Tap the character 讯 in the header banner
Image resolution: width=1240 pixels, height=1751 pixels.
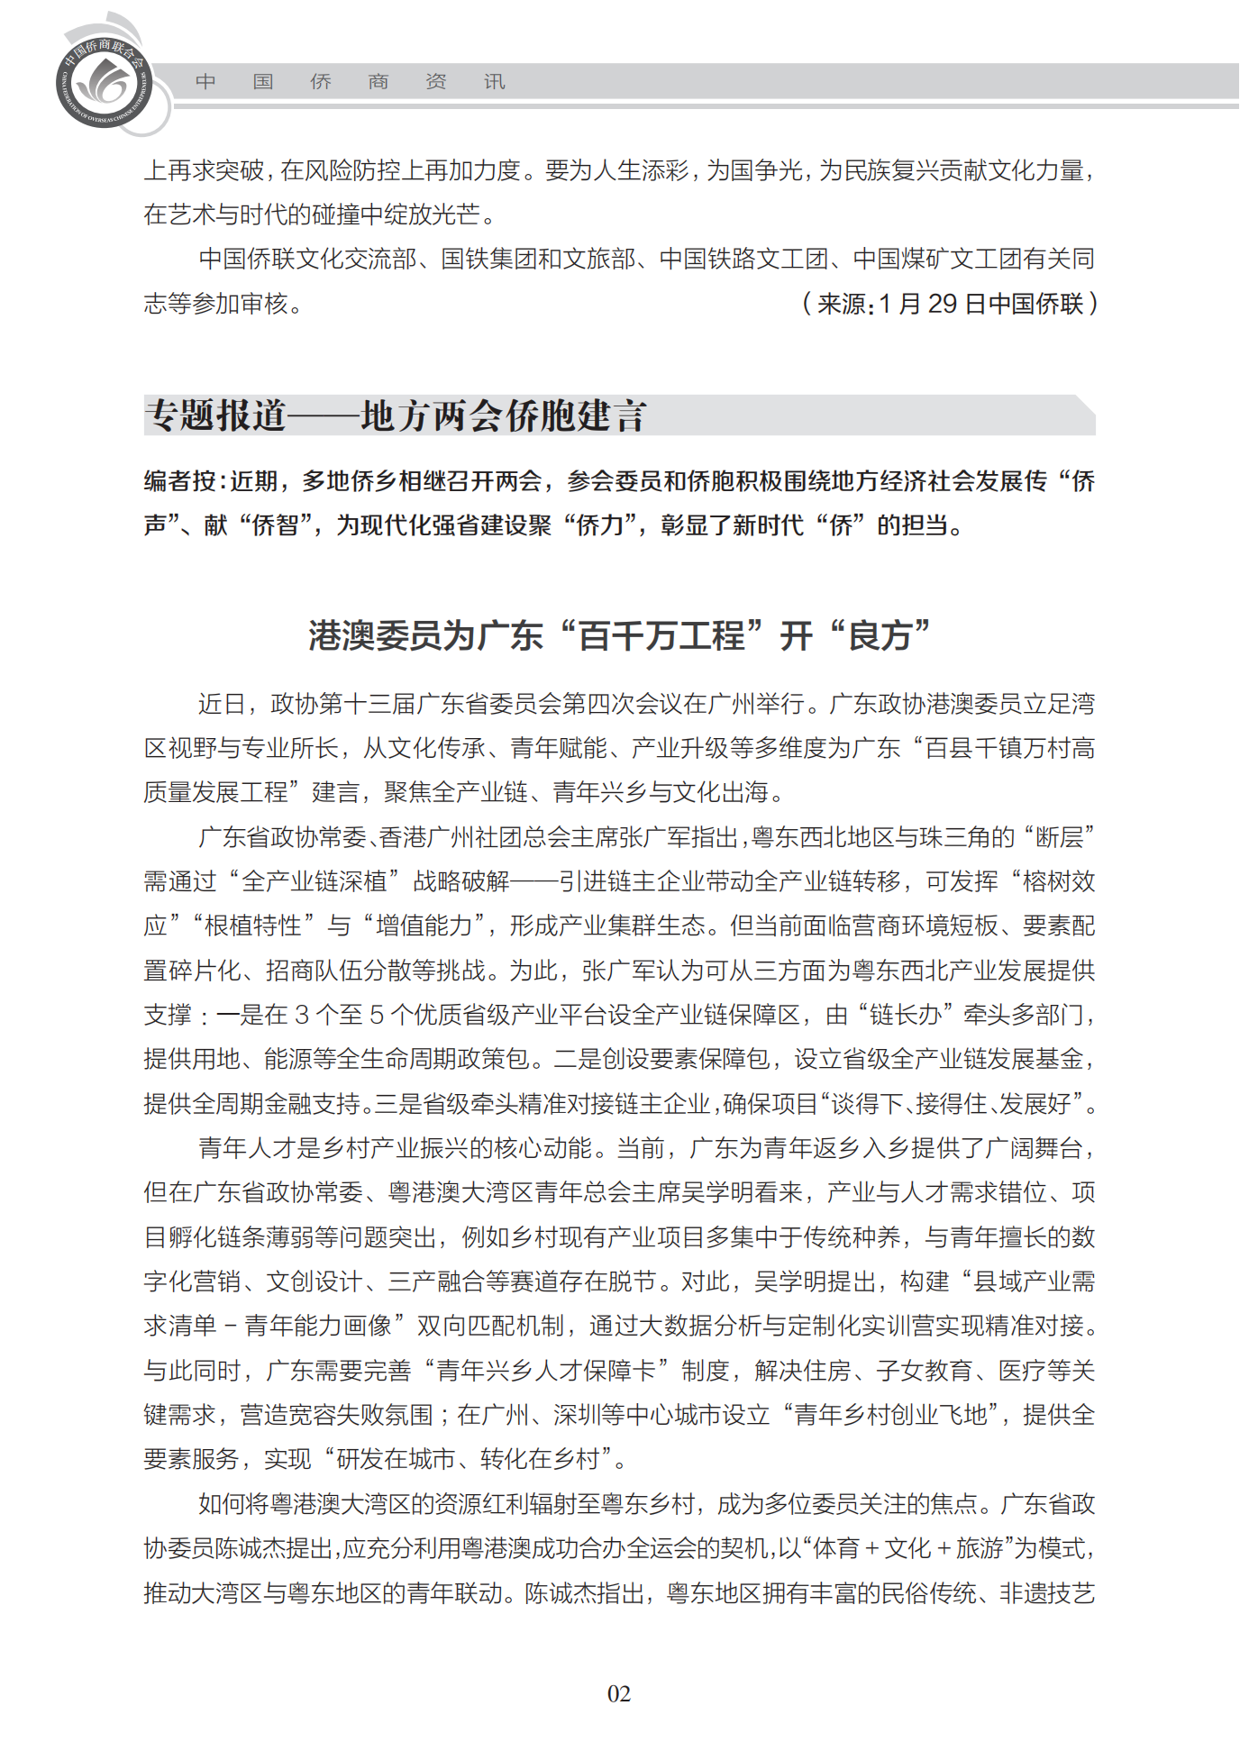pos(494,82)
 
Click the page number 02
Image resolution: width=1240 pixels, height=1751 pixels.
pos(619,1693)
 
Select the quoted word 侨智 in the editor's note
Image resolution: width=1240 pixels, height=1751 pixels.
pos(275,525)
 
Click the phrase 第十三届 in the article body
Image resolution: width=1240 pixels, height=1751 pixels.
pos(369,704)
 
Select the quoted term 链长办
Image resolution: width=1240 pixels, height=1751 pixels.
pos(906,1015)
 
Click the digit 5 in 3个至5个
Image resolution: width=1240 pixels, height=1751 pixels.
pos(377,1015)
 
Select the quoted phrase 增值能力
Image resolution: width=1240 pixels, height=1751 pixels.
pos(424,926)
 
